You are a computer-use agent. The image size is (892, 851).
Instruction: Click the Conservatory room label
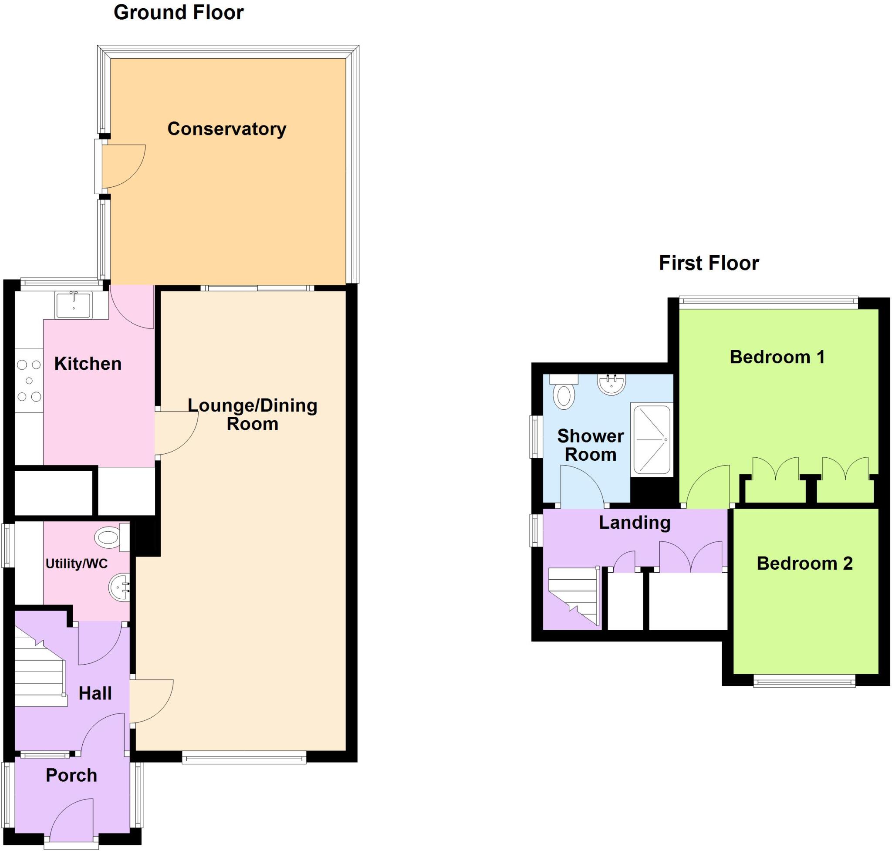point(226,129)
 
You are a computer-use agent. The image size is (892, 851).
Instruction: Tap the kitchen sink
point(73,305)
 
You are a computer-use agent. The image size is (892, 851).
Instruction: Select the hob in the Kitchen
point(29,380)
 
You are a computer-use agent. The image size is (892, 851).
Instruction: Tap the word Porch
point(71,775)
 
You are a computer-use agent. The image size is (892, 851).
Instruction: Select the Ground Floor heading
point(178,13)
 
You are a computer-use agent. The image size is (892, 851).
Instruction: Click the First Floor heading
point(708,263)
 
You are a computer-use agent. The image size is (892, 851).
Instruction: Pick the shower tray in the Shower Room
point(652,440)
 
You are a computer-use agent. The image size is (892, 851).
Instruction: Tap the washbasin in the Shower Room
point(612,384)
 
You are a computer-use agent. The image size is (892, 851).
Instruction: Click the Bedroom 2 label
point(804,564)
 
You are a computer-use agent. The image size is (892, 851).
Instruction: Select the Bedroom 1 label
point(777,357)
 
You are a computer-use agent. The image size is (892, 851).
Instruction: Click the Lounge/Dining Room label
point(252,415)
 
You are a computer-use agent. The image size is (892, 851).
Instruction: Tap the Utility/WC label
point(77,564)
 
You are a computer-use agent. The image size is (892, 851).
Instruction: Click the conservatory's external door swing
point(122,165)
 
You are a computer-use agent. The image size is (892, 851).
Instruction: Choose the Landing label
point(634,523)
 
